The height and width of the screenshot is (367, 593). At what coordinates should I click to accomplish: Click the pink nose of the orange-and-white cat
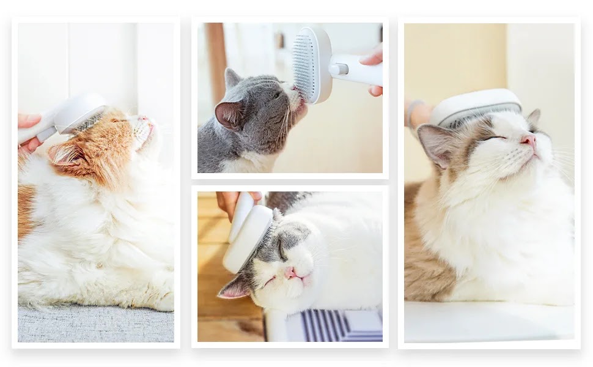pos(144,119)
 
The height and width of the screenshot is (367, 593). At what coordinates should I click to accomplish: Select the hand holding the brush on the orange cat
pos(28,128)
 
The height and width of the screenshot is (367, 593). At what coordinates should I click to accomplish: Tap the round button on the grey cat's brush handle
pos(336,69)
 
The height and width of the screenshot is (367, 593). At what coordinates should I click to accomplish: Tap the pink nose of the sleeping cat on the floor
pos(289,273)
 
